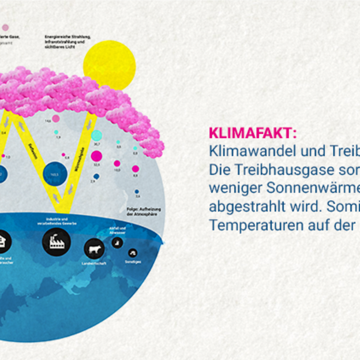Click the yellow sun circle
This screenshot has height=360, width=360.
pos(109,64)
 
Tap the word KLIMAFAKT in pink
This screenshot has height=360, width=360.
pos(252,134)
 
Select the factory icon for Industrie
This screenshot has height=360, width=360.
pos(57,242)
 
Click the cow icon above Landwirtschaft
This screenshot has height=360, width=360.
pos(94,249)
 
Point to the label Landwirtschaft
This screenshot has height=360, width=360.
pos(94,263)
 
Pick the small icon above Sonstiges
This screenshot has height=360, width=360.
pos(133,253)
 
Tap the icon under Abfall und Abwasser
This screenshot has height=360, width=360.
pos(117,243)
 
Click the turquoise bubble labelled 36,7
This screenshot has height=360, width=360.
pos(96,136)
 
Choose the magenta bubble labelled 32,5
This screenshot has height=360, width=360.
pos(96,156)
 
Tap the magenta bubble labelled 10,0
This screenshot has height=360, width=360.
pos(117,163)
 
